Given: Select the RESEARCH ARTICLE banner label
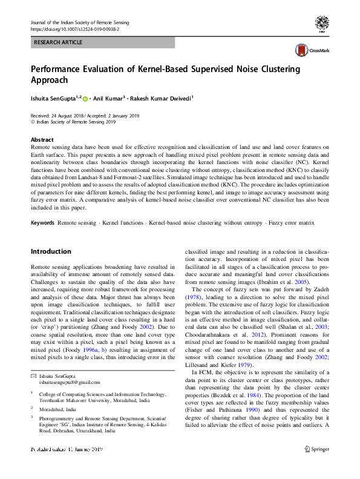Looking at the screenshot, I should tap(58, 43).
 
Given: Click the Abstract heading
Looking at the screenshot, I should tap(42, 139).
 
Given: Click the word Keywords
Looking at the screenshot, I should tap(43, 223).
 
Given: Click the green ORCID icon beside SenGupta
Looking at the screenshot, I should tap(85, 99).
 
